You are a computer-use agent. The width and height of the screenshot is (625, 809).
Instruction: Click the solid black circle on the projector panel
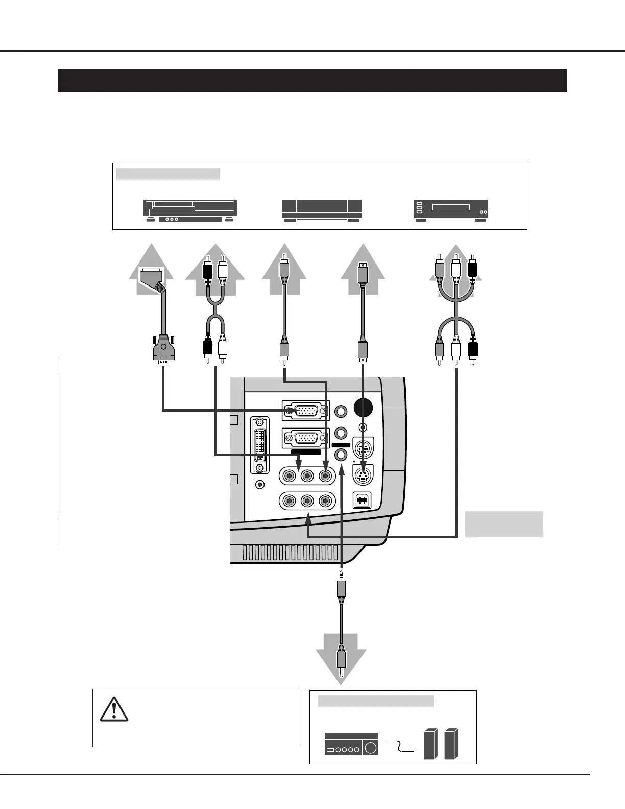[363, 407]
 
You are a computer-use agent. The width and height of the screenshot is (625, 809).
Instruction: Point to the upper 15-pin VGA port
[305, 410]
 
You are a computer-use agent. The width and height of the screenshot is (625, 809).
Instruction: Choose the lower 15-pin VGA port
[305, 438]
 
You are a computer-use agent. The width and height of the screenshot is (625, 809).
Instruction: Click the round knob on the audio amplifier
[371, 748]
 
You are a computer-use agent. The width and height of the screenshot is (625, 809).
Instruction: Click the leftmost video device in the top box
[190, 210]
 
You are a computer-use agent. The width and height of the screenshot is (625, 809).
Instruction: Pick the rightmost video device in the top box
[450, 210]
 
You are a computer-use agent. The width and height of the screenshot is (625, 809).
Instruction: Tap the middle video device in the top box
[322, 210]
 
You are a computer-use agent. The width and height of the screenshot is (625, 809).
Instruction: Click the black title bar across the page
[312, 81]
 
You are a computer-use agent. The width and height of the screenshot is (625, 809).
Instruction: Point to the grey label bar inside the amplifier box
[376, 701]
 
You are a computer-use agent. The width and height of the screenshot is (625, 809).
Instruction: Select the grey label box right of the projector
[503, 524]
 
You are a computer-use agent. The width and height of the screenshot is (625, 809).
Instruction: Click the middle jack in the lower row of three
[307, 501]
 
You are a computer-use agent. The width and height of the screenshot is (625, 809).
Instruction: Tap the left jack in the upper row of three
[290, 475]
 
